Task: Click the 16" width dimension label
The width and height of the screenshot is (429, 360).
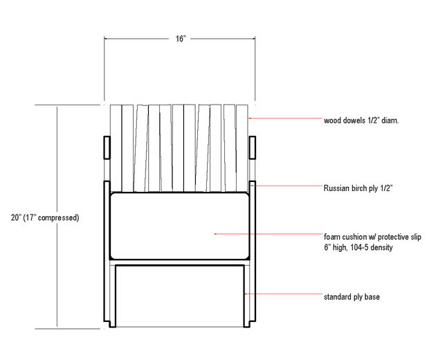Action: [181, 39]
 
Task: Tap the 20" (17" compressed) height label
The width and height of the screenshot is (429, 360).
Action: [45, 217]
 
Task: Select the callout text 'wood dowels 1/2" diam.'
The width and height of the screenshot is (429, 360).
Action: [361, 120]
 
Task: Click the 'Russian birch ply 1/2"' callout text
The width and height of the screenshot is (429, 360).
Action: [358, 188]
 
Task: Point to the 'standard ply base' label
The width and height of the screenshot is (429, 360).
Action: [352, 297]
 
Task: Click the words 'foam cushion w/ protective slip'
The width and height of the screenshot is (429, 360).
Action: [372, 237]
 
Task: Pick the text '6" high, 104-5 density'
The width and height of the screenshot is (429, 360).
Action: [358, 247]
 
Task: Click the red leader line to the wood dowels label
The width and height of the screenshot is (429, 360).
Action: [285, 118]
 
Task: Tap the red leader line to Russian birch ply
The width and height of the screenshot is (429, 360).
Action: [286, 186]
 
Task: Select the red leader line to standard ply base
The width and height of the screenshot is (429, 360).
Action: [284, 294]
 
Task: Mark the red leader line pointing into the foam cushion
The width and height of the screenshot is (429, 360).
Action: [268, 234]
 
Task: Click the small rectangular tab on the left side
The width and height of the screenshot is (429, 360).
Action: [107, 147]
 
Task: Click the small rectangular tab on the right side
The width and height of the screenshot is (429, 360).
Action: [253, 147]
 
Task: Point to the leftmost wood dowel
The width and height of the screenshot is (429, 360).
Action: [116, 148]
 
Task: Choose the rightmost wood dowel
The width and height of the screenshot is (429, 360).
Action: [242, 148]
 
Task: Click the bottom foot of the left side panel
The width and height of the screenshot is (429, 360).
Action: [113, 324]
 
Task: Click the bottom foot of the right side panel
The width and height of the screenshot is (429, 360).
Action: [247, 324]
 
